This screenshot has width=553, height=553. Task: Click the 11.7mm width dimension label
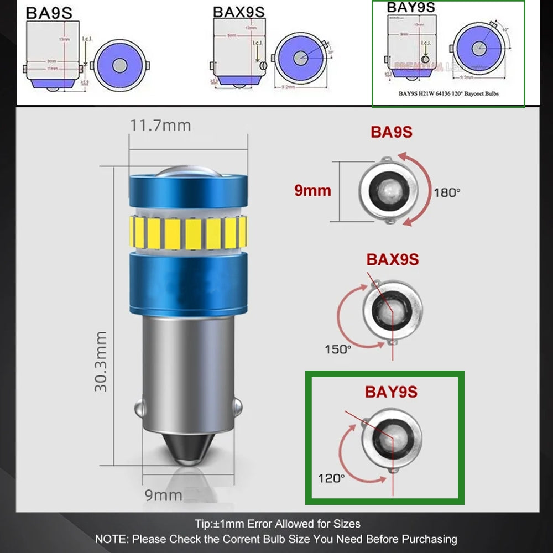[x=160, y=126]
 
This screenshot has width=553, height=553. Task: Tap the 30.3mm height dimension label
[x=101, y=362]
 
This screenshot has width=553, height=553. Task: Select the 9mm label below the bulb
[x=163, y=494]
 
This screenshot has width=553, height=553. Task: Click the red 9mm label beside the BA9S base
[x=312, y=191]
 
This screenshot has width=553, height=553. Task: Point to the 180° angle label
[x=447, y=192]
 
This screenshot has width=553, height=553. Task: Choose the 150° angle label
[x=338, y=349]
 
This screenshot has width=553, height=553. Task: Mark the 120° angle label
[x=331, y=478]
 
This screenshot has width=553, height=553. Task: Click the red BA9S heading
[x=392, y=132]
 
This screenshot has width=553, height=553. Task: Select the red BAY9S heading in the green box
[x=391, y=392]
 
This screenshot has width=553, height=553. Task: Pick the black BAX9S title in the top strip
[x=238, y=12]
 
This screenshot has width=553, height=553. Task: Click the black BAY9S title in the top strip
[x=410, y=7]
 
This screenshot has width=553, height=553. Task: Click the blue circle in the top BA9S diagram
[x=118, y=65]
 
